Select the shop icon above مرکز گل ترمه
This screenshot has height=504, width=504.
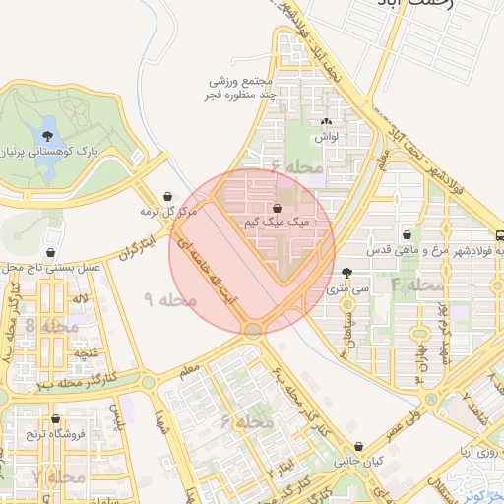coord(172,195)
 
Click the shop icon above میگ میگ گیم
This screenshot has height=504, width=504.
coord(279,209)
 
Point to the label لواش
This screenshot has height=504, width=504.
coord(327,139)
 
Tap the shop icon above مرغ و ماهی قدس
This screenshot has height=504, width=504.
coord(409,234)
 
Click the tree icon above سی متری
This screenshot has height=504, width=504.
coord(346,274)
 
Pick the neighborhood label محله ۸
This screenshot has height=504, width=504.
coord(48,326)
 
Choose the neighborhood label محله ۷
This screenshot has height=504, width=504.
coord(51,476)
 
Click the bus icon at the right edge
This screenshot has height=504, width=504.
coord(499,236)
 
